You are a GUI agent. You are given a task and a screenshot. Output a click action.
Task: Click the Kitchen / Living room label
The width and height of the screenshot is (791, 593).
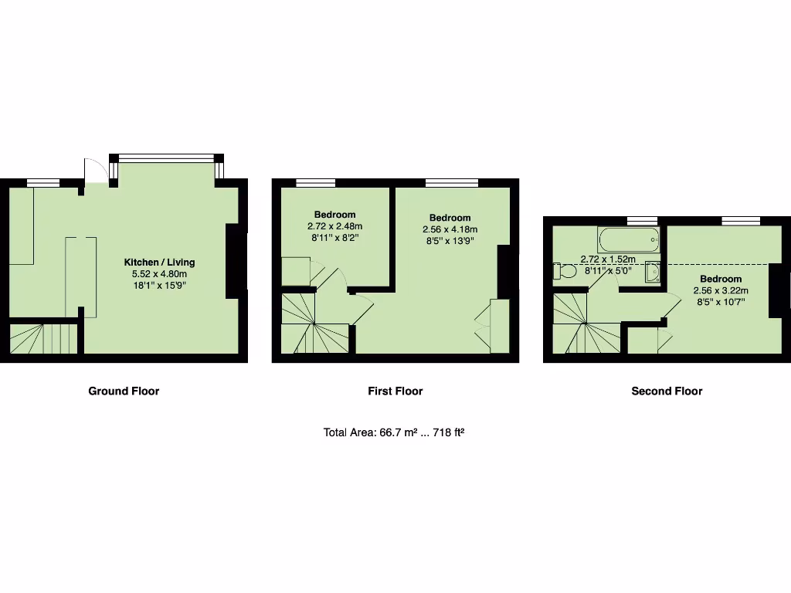coord(160,263)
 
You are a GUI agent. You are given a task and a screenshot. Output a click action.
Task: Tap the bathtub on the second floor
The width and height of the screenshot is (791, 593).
coord(630,239)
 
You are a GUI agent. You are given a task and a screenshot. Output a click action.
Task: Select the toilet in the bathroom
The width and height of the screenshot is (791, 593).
coord(565,272)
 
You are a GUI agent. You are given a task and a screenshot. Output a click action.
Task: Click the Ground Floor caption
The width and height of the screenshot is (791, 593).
coord(124,391)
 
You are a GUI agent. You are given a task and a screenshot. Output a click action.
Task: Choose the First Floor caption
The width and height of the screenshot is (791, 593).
coord(395,391)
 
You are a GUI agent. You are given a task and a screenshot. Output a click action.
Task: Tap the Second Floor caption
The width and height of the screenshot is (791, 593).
coord(667,391)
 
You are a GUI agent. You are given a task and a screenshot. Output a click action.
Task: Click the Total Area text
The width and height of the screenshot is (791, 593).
coord(393,433)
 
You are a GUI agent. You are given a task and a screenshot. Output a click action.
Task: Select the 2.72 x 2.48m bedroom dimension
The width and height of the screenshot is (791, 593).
coord(334,226)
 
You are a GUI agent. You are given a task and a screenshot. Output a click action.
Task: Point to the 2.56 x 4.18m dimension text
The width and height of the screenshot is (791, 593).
coord(450,229)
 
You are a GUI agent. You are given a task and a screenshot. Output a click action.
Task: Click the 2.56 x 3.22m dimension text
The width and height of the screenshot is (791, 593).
coord(721,290)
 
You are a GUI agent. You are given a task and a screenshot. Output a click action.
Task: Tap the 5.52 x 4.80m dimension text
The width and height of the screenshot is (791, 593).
coord(160,274)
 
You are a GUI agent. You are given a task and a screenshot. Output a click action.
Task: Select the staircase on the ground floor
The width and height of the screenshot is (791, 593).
coord(44,338)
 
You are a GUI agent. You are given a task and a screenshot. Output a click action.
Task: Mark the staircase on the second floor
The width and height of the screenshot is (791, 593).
coord(585,324)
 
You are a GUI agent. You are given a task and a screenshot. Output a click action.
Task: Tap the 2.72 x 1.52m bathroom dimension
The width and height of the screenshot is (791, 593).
coord(608,259)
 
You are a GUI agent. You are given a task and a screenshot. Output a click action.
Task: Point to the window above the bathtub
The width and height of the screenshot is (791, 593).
coord(642,222)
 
